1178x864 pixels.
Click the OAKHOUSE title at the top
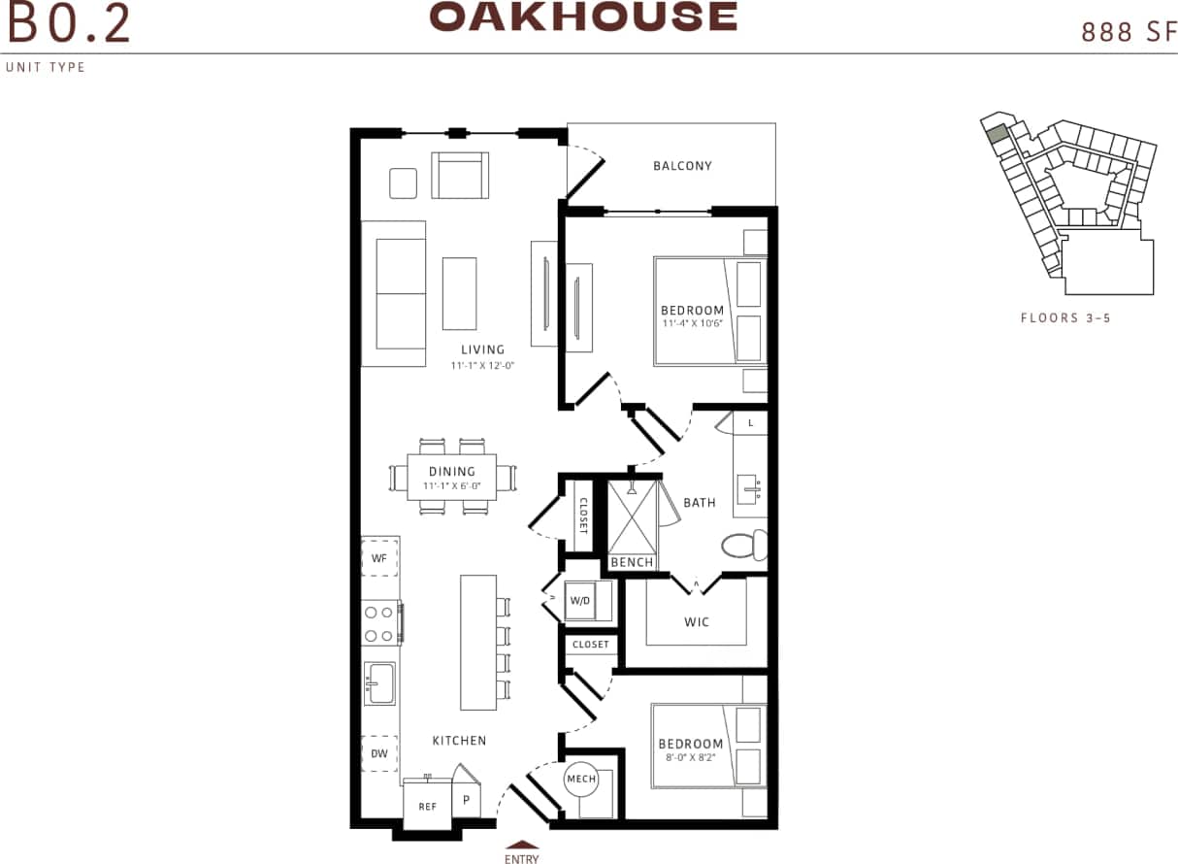tap(583, 17)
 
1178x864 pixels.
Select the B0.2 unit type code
tap(68, 24)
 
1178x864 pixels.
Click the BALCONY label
tap(682, 166)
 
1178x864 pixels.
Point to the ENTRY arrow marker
tap(522, 845)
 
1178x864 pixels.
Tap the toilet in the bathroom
tap(745, 546)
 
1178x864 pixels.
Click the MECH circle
tap(581, 780)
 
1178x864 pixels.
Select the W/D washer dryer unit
tap(580, 601)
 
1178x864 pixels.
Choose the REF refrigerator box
tap(427, 806)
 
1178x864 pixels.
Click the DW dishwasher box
tap(379, 753)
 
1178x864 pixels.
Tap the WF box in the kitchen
tap(379, 558)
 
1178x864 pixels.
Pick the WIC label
tap(697, 621)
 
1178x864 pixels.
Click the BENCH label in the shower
tap(632, 562)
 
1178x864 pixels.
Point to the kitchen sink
tap(379, 683)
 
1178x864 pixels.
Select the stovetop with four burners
tap(379, 624)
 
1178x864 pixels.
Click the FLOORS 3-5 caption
tap(1065, 317)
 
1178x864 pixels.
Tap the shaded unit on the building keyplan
tap(997, 135)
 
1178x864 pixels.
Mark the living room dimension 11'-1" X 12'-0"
tap(482, 366)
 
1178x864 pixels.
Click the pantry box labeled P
tap(466, 801)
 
